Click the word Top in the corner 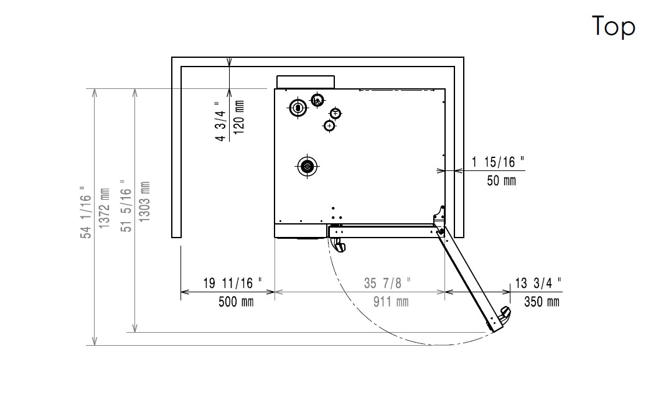[x=613, y=26]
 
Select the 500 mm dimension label [x=236, y=302]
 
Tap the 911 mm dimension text [x=391, y=302]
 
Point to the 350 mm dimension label [x=542, y=302]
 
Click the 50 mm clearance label [x=501, y=180]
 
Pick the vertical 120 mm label [x=239, y=117]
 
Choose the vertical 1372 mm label [x=104, y=208]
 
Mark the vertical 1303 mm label [x=144, y=201]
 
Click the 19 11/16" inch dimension [x=232, y=283]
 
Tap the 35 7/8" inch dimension [x=387, y=283]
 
